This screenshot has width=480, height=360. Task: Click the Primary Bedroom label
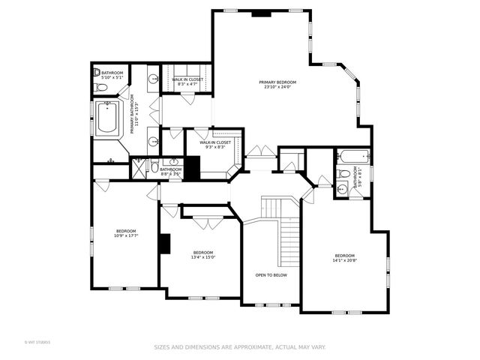277,82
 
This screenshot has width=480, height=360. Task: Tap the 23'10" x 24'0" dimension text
277,87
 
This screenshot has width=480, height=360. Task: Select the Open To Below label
271,275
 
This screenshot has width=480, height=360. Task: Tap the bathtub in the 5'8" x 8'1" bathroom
352,157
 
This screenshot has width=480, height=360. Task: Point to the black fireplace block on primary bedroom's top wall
261,12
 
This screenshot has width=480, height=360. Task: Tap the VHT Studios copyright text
37,342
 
